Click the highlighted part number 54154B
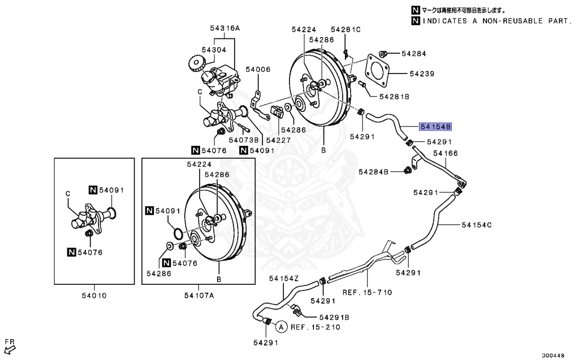[435, 127]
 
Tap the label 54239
[422, 73]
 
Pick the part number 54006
[258, 70]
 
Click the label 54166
[446, 153]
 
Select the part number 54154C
[477, 225]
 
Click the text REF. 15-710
[368, 292]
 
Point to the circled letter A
[281, 326]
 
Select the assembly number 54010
[94, 295]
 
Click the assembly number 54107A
[199, 295]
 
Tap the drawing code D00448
[554, 355]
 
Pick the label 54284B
[374, 171]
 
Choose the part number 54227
[278, 140]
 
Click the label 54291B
[334, 317]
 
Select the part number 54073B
[244, 140]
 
